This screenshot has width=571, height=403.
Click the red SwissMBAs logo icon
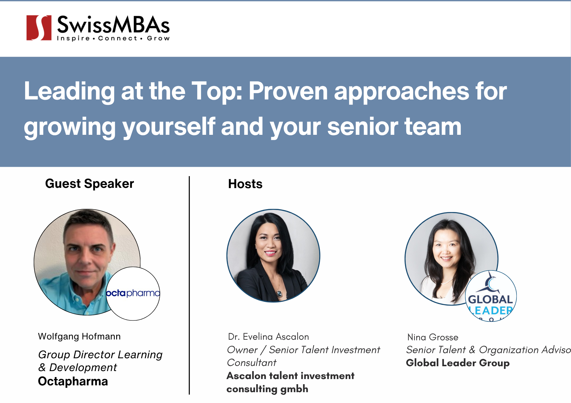pos(39,28)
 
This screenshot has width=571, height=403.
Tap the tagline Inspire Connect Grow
pos(113,38)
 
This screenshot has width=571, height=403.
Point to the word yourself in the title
pos(169,127)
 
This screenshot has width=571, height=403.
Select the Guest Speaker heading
pos(89,184)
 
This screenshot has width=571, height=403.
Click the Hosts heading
pos(245,184)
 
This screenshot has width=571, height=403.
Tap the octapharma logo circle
pos(133,294)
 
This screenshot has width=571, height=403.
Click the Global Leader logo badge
pos(491,296)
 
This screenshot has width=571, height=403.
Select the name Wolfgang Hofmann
pos(79,337)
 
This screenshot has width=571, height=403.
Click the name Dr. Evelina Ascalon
pos(268,337)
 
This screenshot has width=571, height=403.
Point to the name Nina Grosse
pos(433,337)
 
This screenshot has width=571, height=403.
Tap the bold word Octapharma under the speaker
pos(73,381)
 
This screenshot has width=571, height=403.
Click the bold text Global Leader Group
pos(458,363)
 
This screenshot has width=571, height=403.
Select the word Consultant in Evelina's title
pos(252,363)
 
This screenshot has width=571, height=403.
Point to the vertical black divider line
pos(189,285)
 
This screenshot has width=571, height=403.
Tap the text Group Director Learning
pos(100,355)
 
